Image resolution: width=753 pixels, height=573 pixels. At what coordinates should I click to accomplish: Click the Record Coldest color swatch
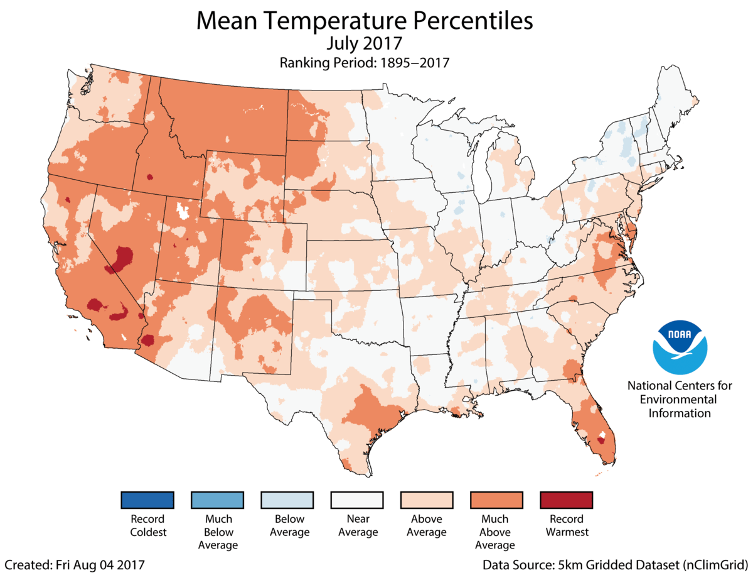point(147,500)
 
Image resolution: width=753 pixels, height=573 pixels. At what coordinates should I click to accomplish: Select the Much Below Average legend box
point(218,500)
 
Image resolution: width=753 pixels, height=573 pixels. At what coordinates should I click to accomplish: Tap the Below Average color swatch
point(287,500)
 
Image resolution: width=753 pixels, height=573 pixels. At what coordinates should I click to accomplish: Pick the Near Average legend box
point(357,500)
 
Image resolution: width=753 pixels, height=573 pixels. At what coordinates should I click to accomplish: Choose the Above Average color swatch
point(427,500)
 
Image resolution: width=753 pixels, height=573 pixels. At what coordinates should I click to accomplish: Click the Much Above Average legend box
point(496,500)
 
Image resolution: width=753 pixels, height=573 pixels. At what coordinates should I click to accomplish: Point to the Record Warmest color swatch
point(566,500)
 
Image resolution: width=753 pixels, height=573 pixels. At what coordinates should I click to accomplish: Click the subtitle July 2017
point(364,44)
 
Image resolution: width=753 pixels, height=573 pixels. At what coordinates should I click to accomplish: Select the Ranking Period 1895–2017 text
point(364,63)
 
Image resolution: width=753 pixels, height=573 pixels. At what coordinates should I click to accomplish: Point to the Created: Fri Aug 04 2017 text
point(74,564)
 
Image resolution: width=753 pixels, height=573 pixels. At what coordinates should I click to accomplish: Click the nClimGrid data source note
point(615,564)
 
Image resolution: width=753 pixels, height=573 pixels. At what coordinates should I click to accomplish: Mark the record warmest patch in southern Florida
point(601,440)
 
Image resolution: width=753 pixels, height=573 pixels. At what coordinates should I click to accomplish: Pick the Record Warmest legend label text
point(566,525)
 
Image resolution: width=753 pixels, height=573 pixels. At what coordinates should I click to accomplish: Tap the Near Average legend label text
point(357,525)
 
